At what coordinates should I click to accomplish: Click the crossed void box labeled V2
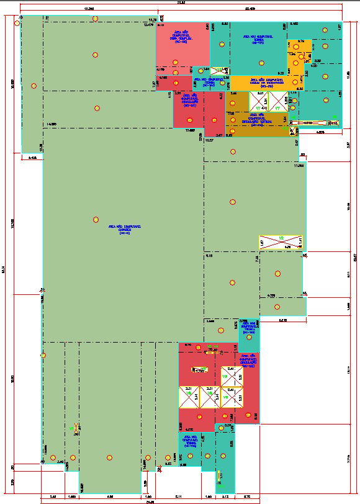pos(280,242)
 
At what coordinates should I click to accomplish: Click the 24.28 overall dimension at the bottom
pos(150,501)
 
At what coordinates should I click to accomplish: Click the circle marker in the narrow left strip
pos(34,86)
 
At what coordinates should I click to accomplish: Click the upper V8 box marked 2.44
pos(230,376)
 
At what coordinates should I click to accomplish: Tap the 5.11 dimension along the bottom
pos(179,497)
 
